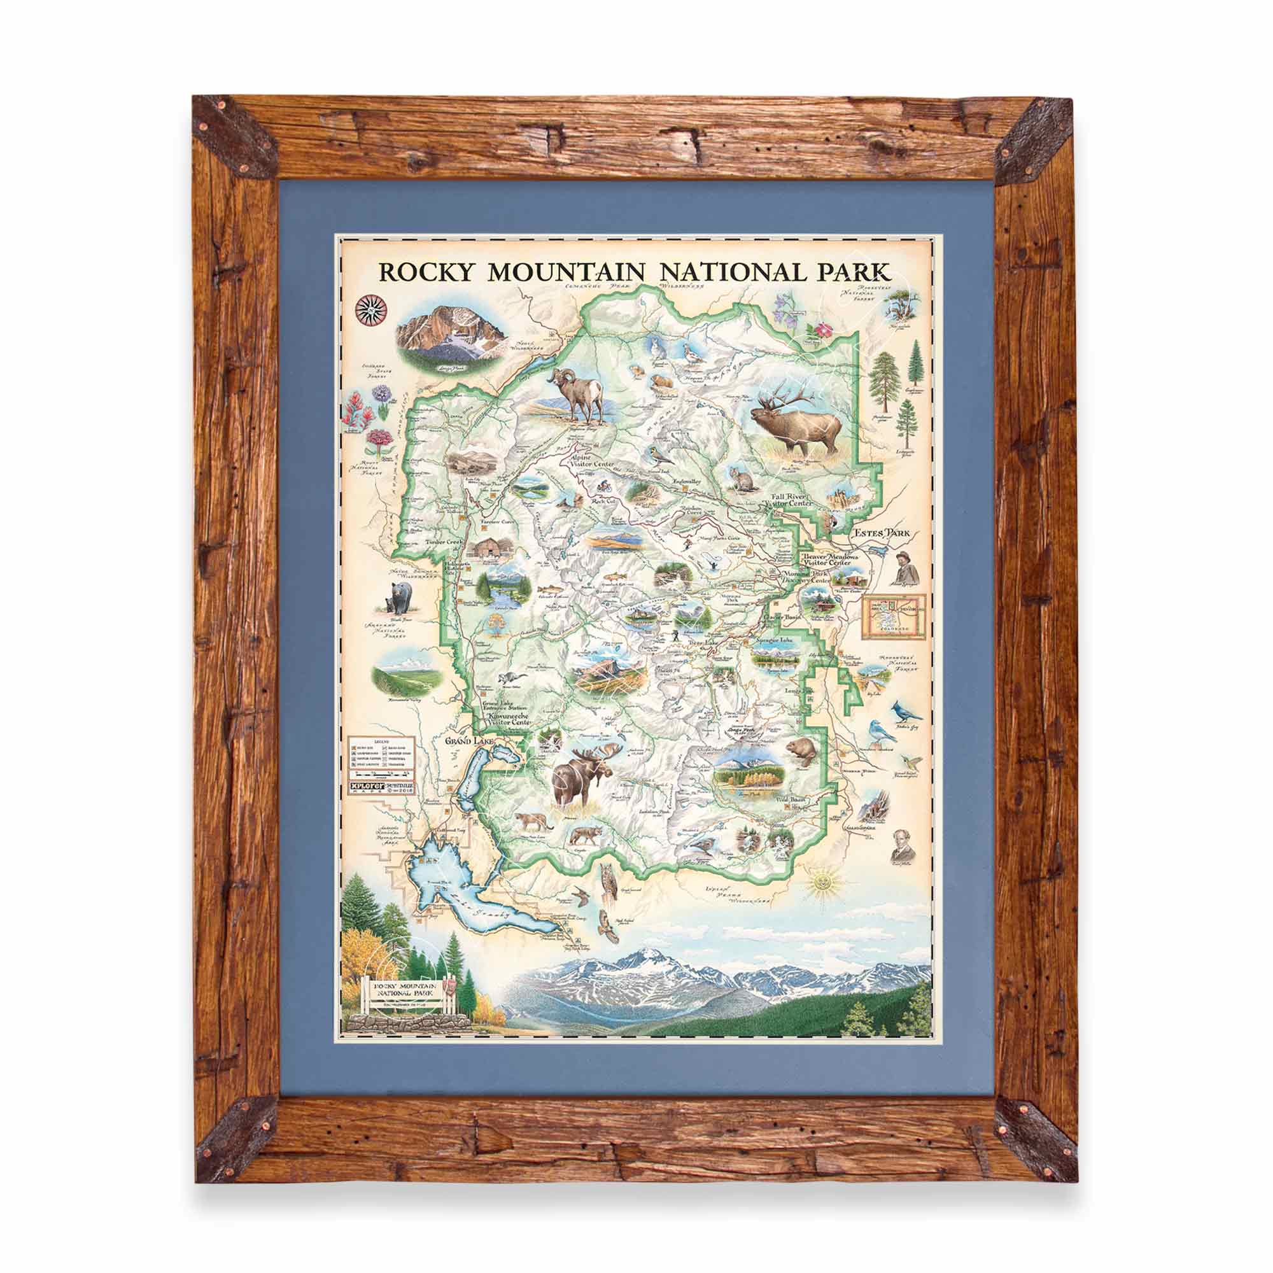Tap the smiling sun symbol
824,880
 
